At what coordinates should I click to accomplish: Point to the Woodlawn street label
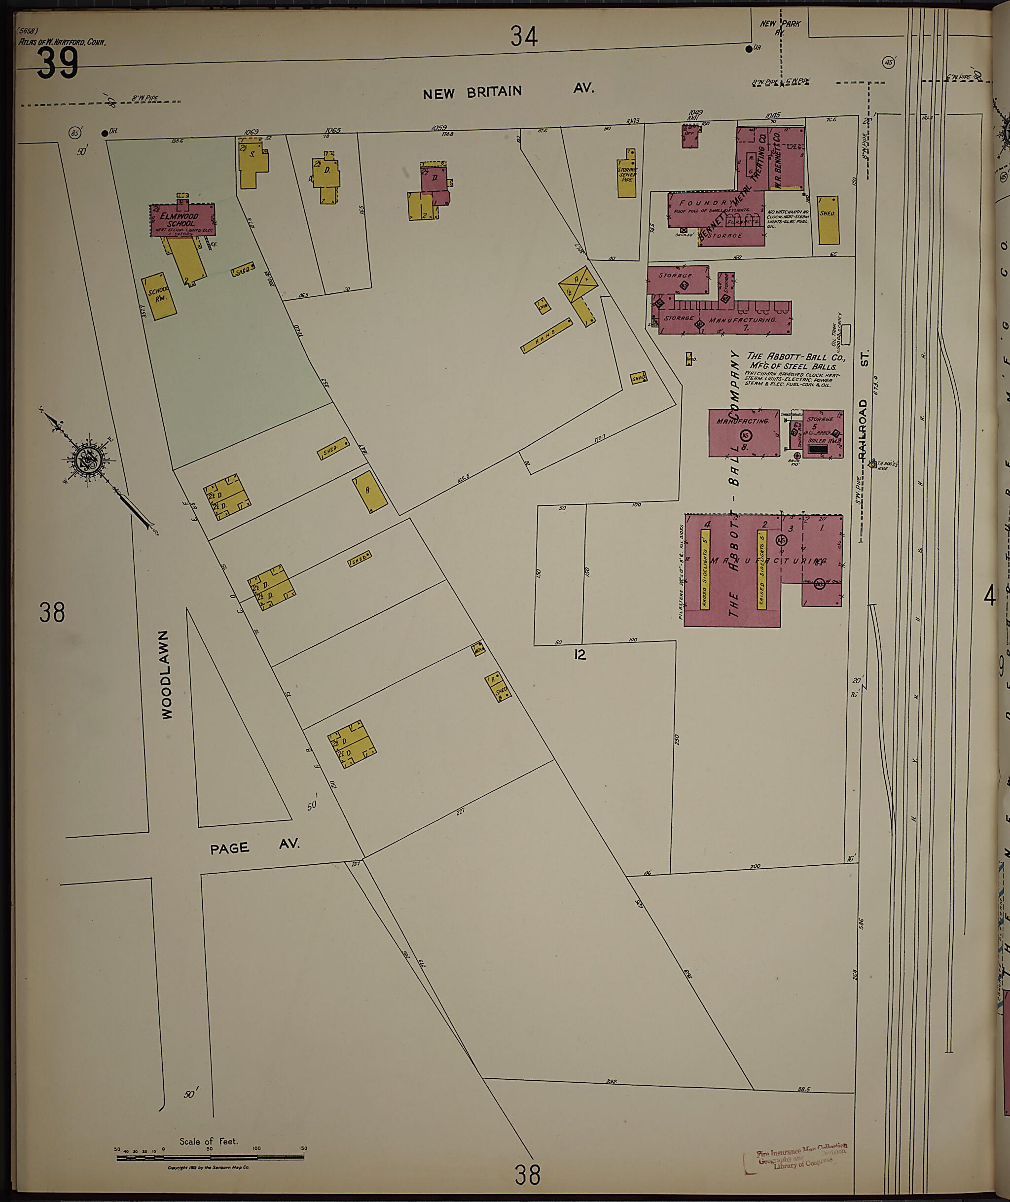click(166, 675)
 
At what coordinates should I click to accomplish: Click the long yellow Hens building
click(547, 335)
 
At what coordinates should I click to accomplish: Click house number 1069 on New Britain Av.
click(252, 132)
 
